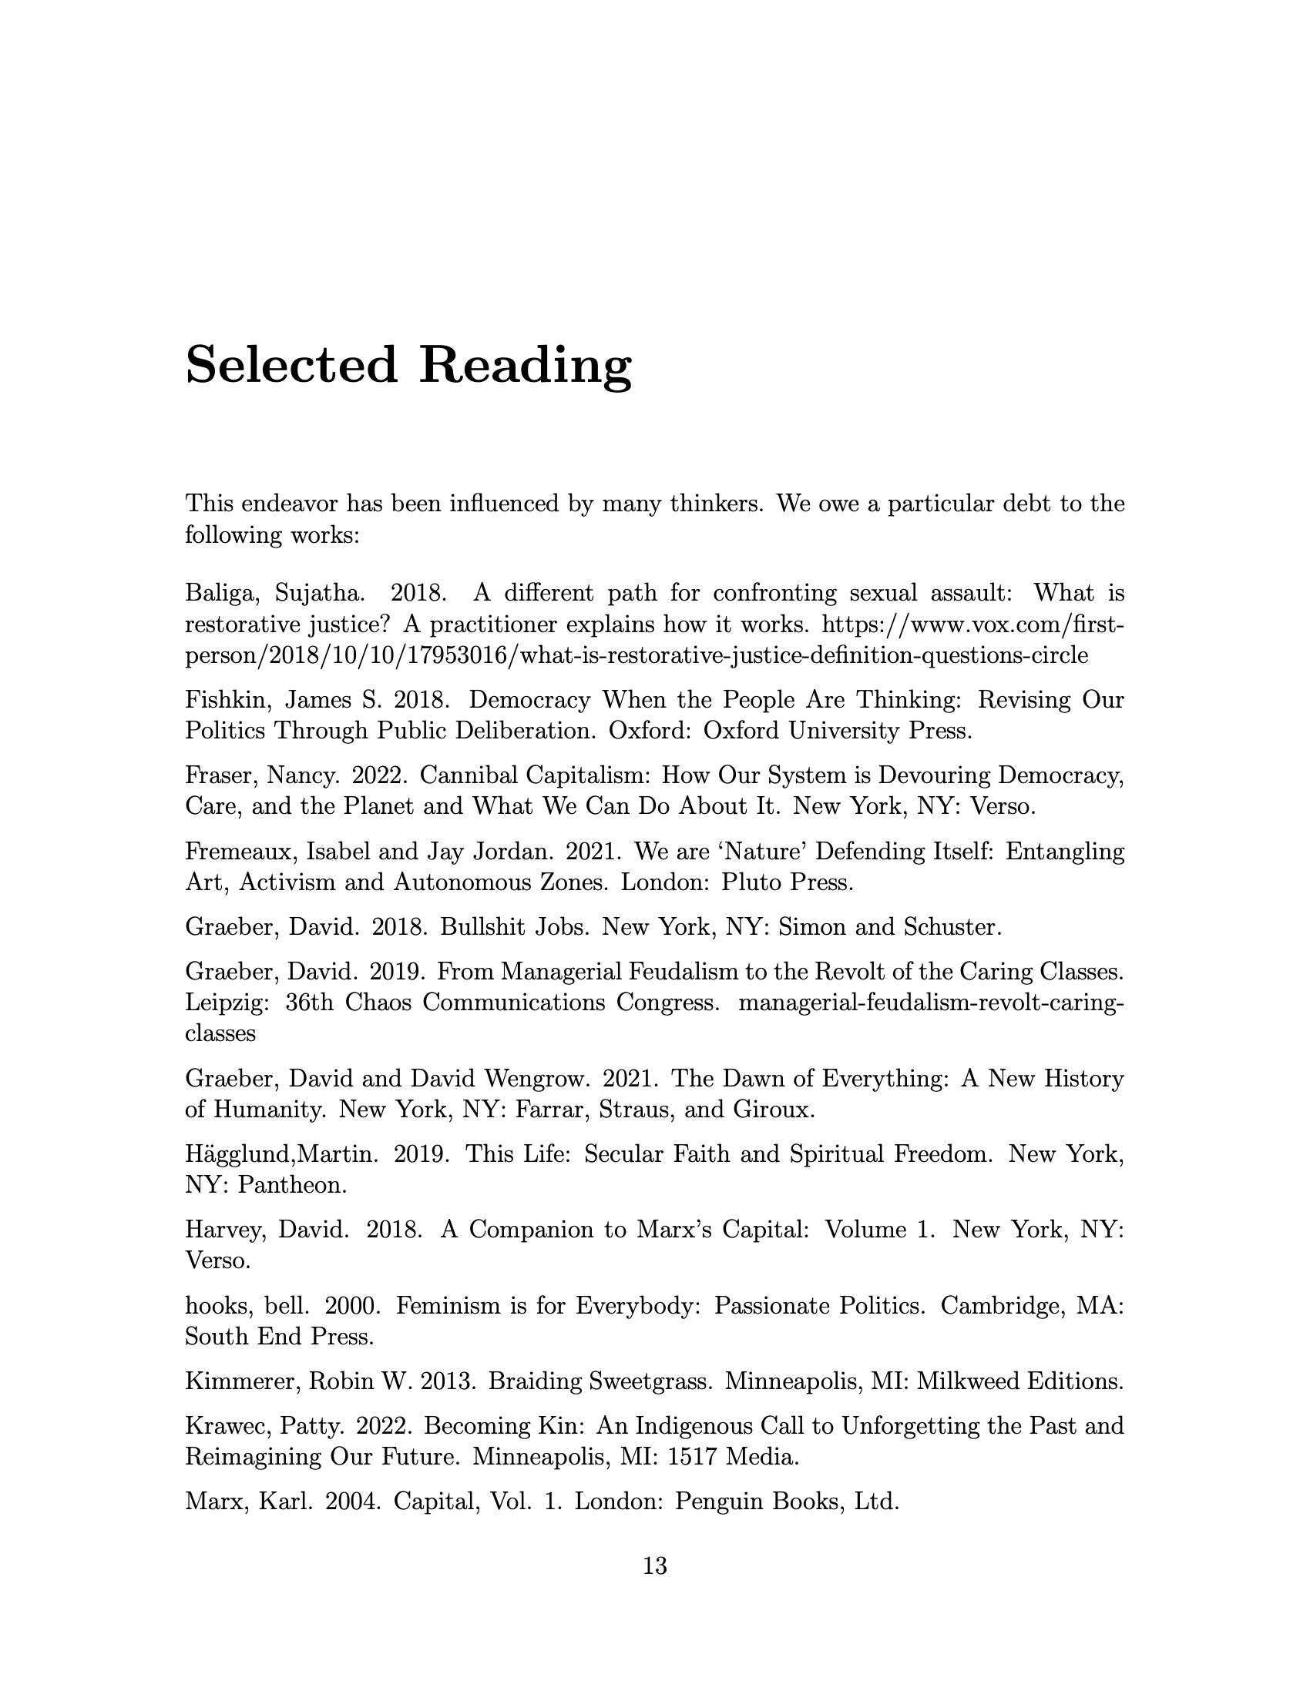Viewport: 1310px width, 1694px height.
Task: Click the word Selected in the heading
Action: click(291, 364)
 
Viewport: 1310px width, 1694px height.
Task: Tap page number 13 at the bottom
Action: click(655, 1566)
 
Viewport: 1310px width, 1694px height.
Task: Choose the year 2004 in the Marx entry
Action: click(353, 1502)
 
